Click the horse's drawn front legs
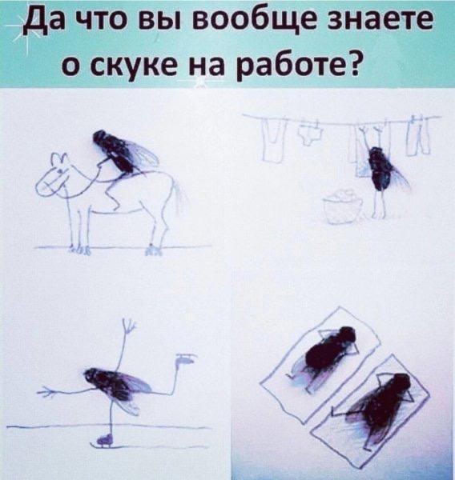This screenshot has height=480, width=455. (x=76, y=228)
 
